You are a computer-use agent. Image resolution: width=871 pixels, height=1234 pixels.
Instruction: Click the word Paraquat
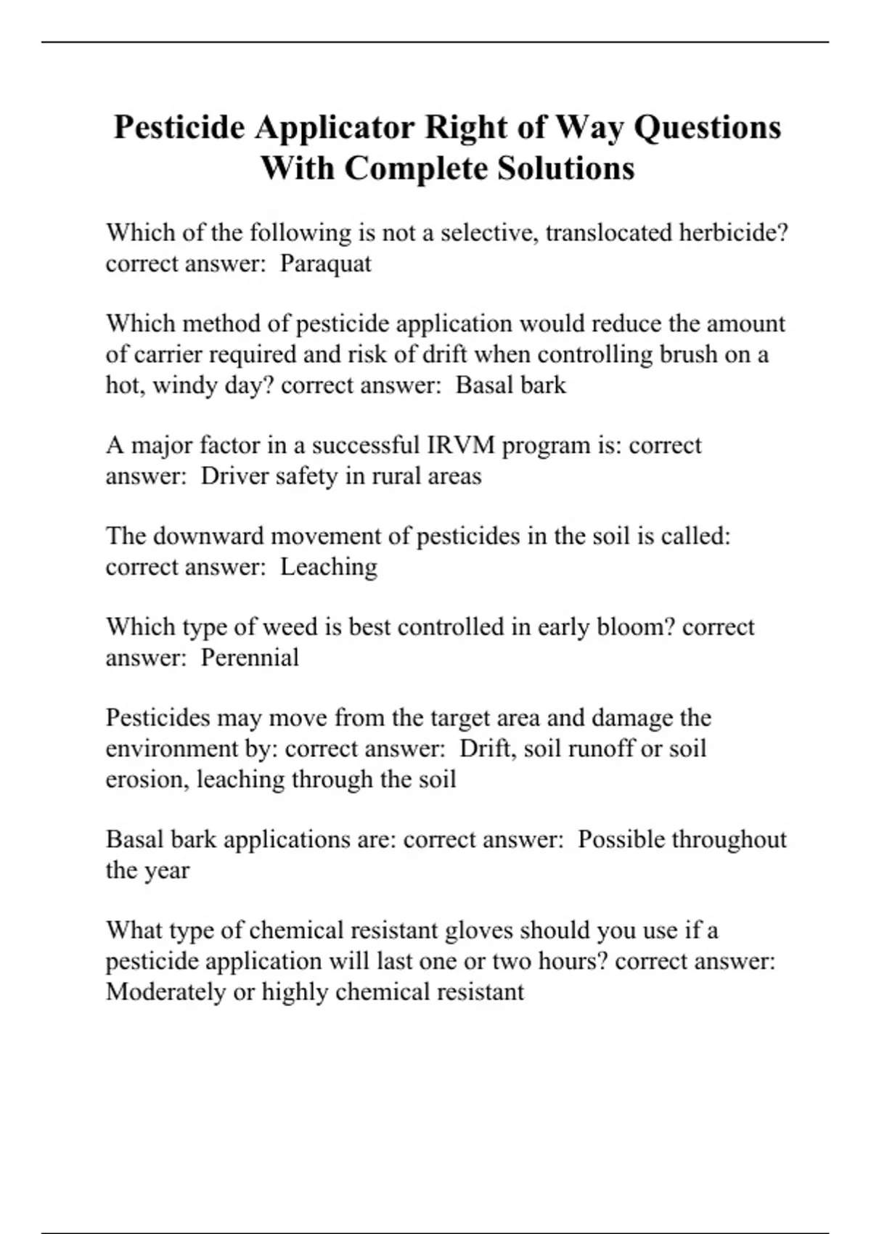coord(325,263)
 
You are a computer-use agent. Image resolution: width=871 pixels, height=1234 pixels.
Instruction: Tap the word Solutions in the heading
coord(565,168)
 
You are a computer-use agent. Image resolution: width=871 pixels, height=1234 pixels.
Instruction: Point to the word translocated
coord(608,232)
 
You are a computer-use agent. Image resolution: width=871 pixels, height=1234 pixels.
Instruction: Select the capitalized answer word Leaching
coord(329,567)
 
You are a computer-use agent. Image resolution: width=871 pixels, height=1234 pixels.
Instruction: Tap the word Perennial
coord(250,658)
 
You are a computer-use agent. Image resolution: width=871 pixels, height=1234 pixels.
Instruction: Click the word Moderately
coord(165,992)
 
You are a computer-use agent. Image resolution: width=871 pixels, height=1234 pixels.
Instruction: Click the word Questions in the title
coord(708,127)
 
